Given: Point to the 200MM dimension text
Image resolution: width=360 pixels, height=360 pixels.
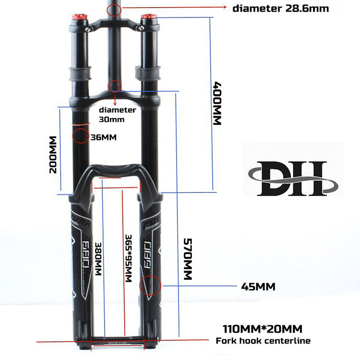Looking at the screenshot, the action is (53, 155).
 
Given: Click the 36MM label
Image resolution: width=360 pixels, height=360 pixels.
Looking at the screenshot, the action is (103, 138).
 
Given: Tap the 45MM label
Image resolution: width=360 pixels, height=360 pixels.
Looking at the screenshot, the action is (258, 287).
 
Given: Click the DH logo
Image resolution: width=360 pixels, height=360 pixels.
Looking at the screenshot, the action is (293, 179).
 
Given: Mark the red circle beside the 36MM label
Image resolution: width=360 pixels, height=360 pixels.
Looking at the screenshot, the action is (80, 135).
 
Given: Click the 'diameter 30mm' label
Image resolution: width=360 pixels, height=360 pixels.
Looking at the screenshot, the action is (118, 114).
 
